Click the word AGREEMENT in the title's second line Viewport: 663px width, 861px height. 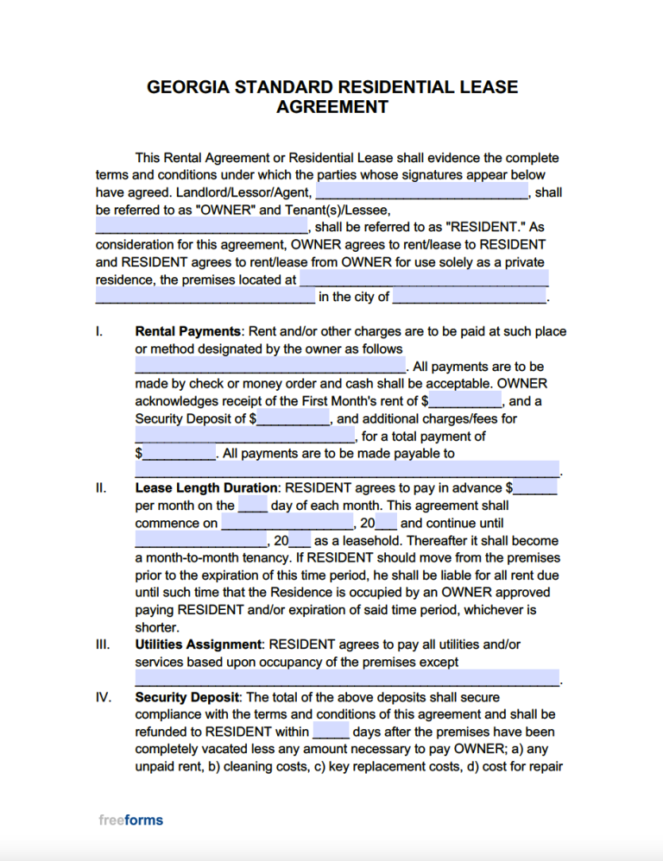[x=331, y=108]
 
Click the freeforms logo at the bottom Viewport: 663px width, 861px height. [x=130, y=820]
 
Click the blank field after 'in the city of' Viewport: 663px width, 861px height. [x=470, y=297]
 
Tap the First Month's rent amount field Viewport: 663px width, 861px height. [x=465, y=400]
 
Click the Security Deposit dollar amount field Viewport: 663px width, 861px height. [x=294, y=418]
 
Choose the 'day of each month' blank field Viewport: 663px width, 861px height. [x=252, y=506]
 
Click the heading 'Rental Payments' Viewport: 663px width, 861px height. [x=187, y=331]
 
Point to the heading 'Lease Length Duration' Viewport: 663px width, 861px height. [x=206, y=488]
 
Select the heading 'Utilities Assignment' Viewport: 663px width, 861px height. [x=198, y=644]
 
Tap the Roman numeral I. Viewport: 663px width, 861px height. [x=98, y=331]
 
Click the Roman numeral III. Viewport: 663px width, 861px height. [x=101, y=644]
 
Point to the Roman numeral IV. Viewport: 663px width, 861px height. [x=103, y=697]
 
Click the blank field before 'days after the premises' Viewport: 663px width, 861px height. [x=331, y=732]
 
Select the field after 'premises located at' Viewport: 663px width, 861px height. [x=423, y=280]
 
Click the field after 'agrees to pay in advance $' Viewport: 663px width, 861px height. [x=536, y=488]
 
